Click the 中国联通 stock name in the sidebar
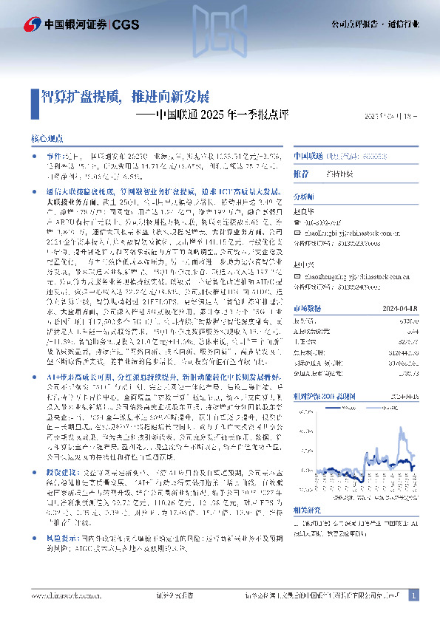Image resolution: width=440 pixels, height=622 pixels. coord(311,157)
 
